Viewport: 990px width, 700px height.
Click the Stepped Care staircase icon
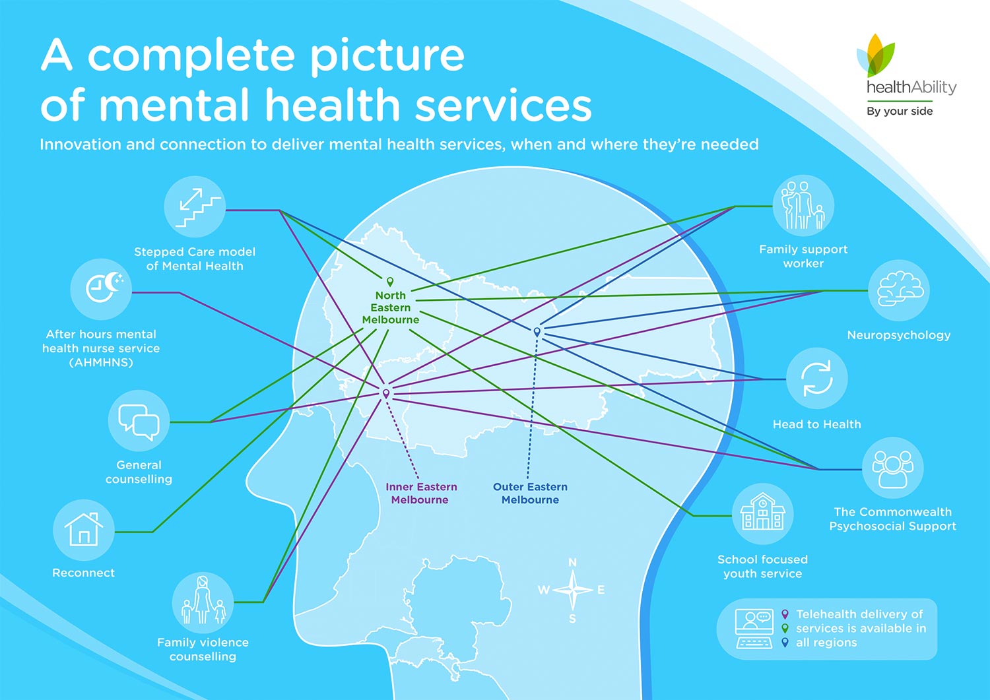click(195, 207)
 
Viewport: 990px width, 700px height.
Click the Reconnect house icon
click(84, 530)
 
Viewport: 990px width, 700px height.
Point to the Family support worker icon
click(803, 206)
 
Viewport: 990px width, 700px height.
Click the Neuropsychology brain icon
click(899, 290)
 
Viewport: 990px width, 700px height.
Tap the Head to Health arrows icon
click(817, 378)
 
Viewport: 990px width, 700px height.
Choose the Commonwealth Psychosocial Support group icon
click(893, 468)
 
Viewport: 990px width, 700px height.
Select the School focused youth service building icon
click(763, 514)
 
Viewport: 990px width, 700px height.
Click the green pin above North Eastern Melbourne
click(390, 282)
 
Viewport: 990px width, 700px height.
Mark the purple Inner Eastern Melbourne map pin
click(386, 394)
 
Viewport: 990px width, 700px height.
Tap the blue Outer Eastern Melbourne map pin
click(537, 332)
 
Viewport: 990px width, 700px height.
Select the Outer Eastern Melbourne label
click(531, 493)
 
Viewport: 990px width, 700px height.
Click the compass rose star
click(572, 590)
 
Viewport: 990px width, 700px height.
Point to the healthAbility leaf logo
click(876, 55)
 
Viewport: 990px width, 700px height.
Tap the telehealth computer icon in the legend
click(754, 629)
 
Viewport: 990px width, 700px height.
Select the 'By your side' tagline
click(900, 111)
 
